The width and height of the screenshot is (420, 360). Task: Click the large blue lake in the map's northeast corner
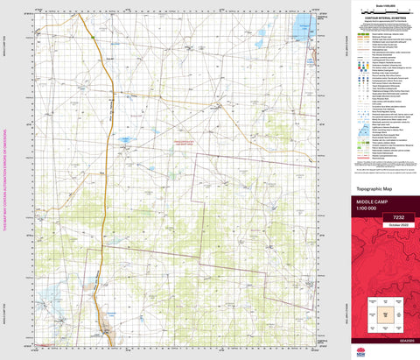pos(303,21)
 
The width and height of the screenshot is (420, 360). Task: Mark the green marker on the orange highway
pos(93,38)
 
